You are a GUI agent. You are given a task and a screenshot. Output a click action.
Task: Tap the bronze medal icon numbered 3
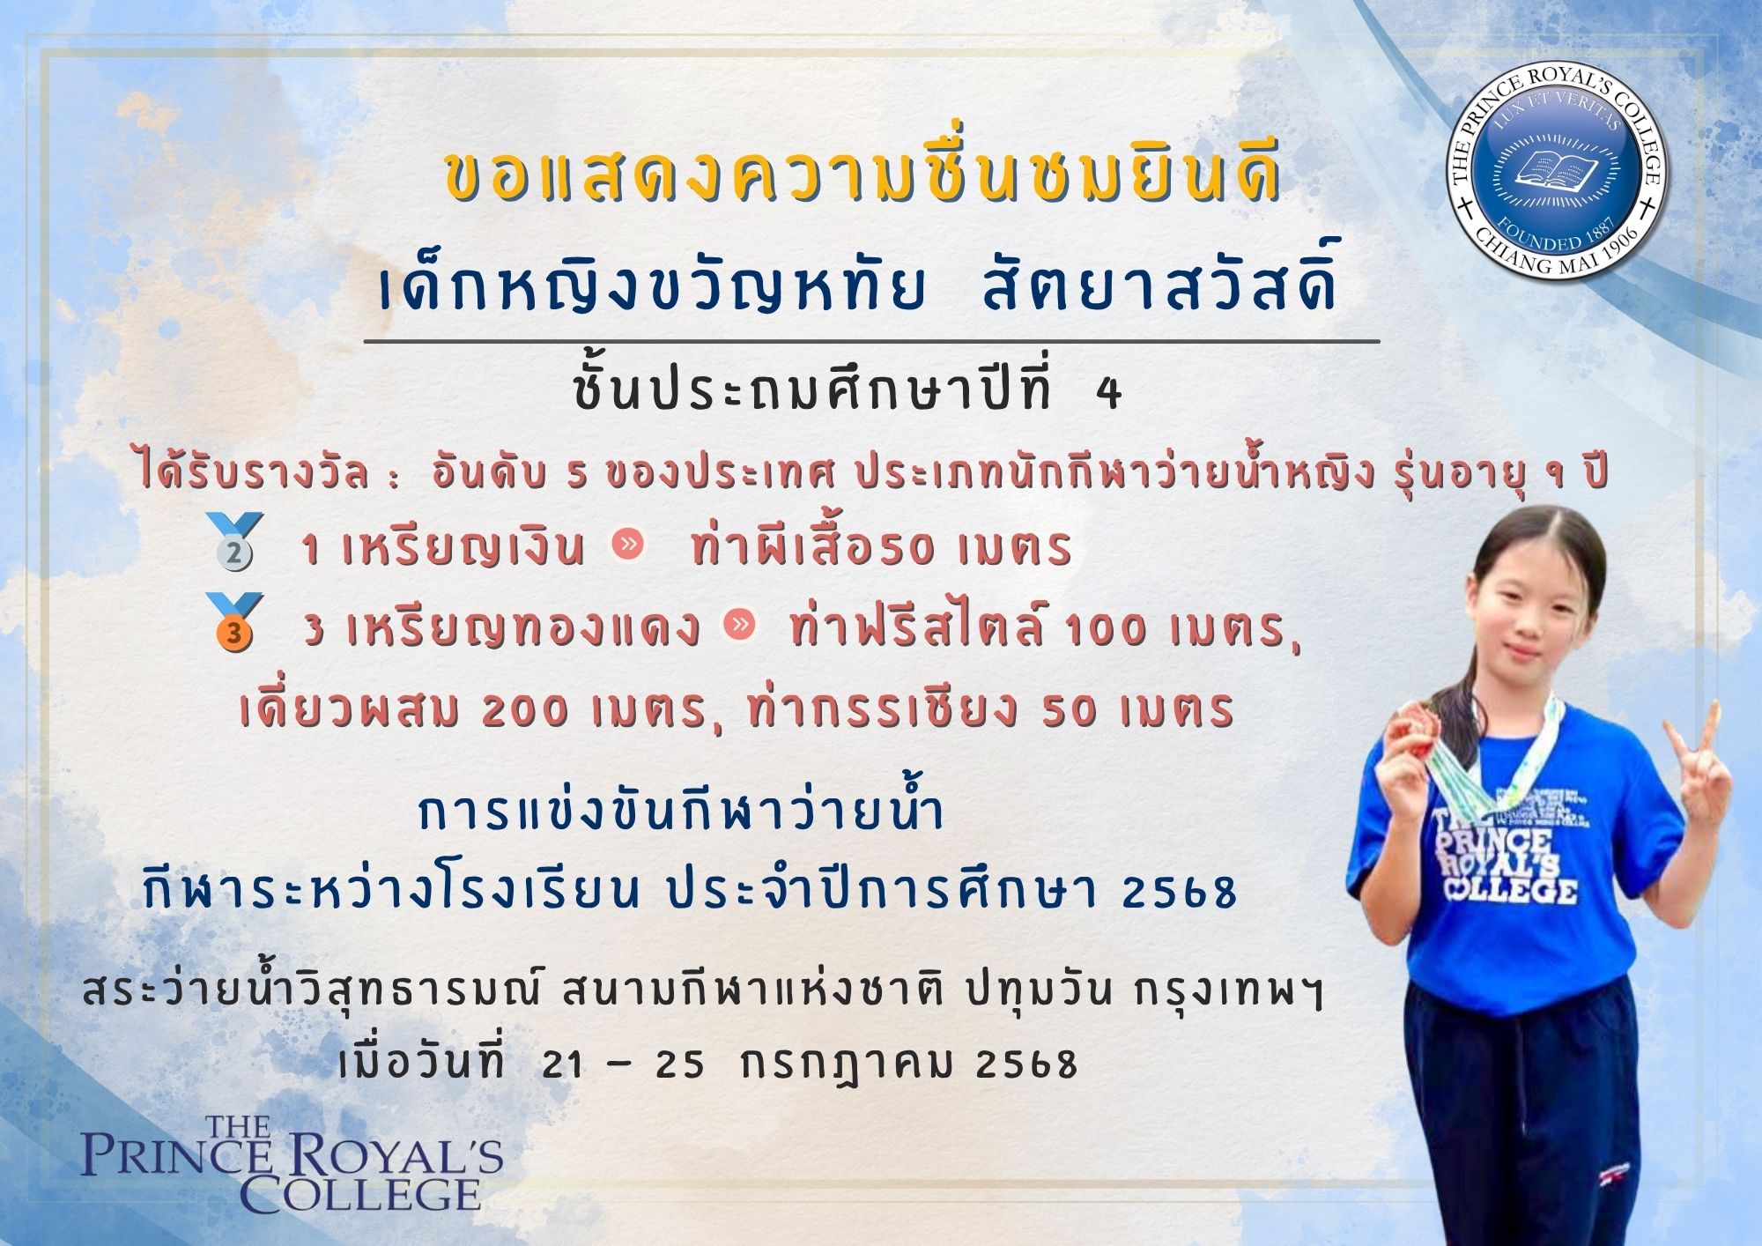(233, 622)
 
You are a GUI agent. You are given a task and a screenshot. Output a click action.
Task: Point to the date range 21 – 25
(624, 1065)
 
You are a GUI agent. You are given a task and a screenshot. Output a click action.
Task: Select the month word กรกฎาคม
(848, 1064)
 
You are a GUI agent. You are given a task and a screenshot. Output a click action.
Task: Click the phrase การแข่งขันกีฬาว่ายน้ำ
(682, 813)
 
